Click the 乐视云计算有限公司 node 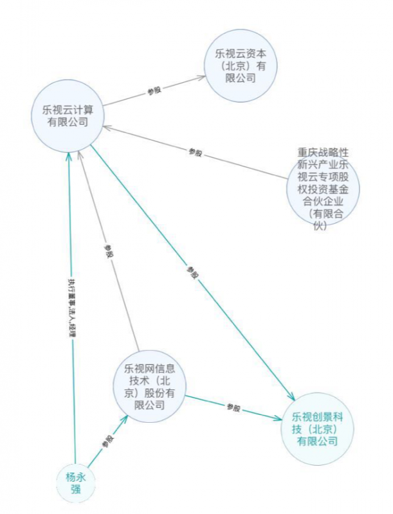(68, 116)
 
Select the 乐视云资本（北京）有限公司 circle (241, 66)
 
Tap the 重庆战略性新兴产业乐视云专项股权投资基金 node (323, 189)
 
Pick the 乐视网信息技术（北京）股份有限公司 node (150, 386)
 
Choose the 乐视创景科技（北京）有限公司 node (318, 429)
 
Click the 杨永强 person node (76, 483)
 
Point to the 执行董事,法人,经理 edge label (72, 308)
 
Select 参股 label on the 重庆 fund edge (195, 152)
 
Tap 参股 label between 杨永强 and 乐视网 (108, 441)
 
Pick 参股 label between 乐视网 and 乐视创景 (233, 408)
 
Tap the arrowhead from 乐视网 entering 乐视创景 (277, 418)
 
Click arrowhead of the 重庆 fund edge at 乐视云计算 (107, 127)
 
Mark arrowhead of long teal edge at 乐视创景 (291, 396)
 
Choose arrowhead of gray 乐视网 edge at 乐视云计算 (79, 155)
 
